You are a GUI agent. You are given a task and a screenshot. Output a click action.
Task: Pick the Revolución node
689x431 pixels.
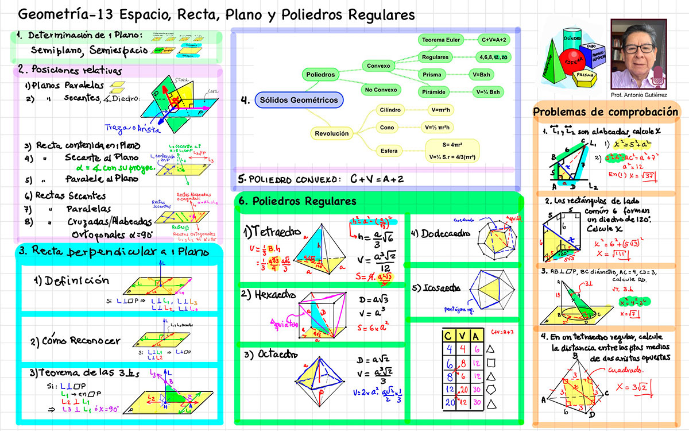tap(331, 133)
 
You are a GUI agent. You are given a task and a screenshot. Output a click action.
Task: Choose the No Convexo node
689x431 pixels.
tap(381, 90)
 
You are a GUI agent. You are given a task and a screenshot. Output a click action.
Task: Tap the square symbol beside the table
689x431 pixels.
tap(490, 363)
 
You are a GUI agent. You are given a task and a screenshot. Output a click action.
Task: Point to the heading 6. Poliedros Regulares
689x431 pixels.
tap(297, 202)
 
